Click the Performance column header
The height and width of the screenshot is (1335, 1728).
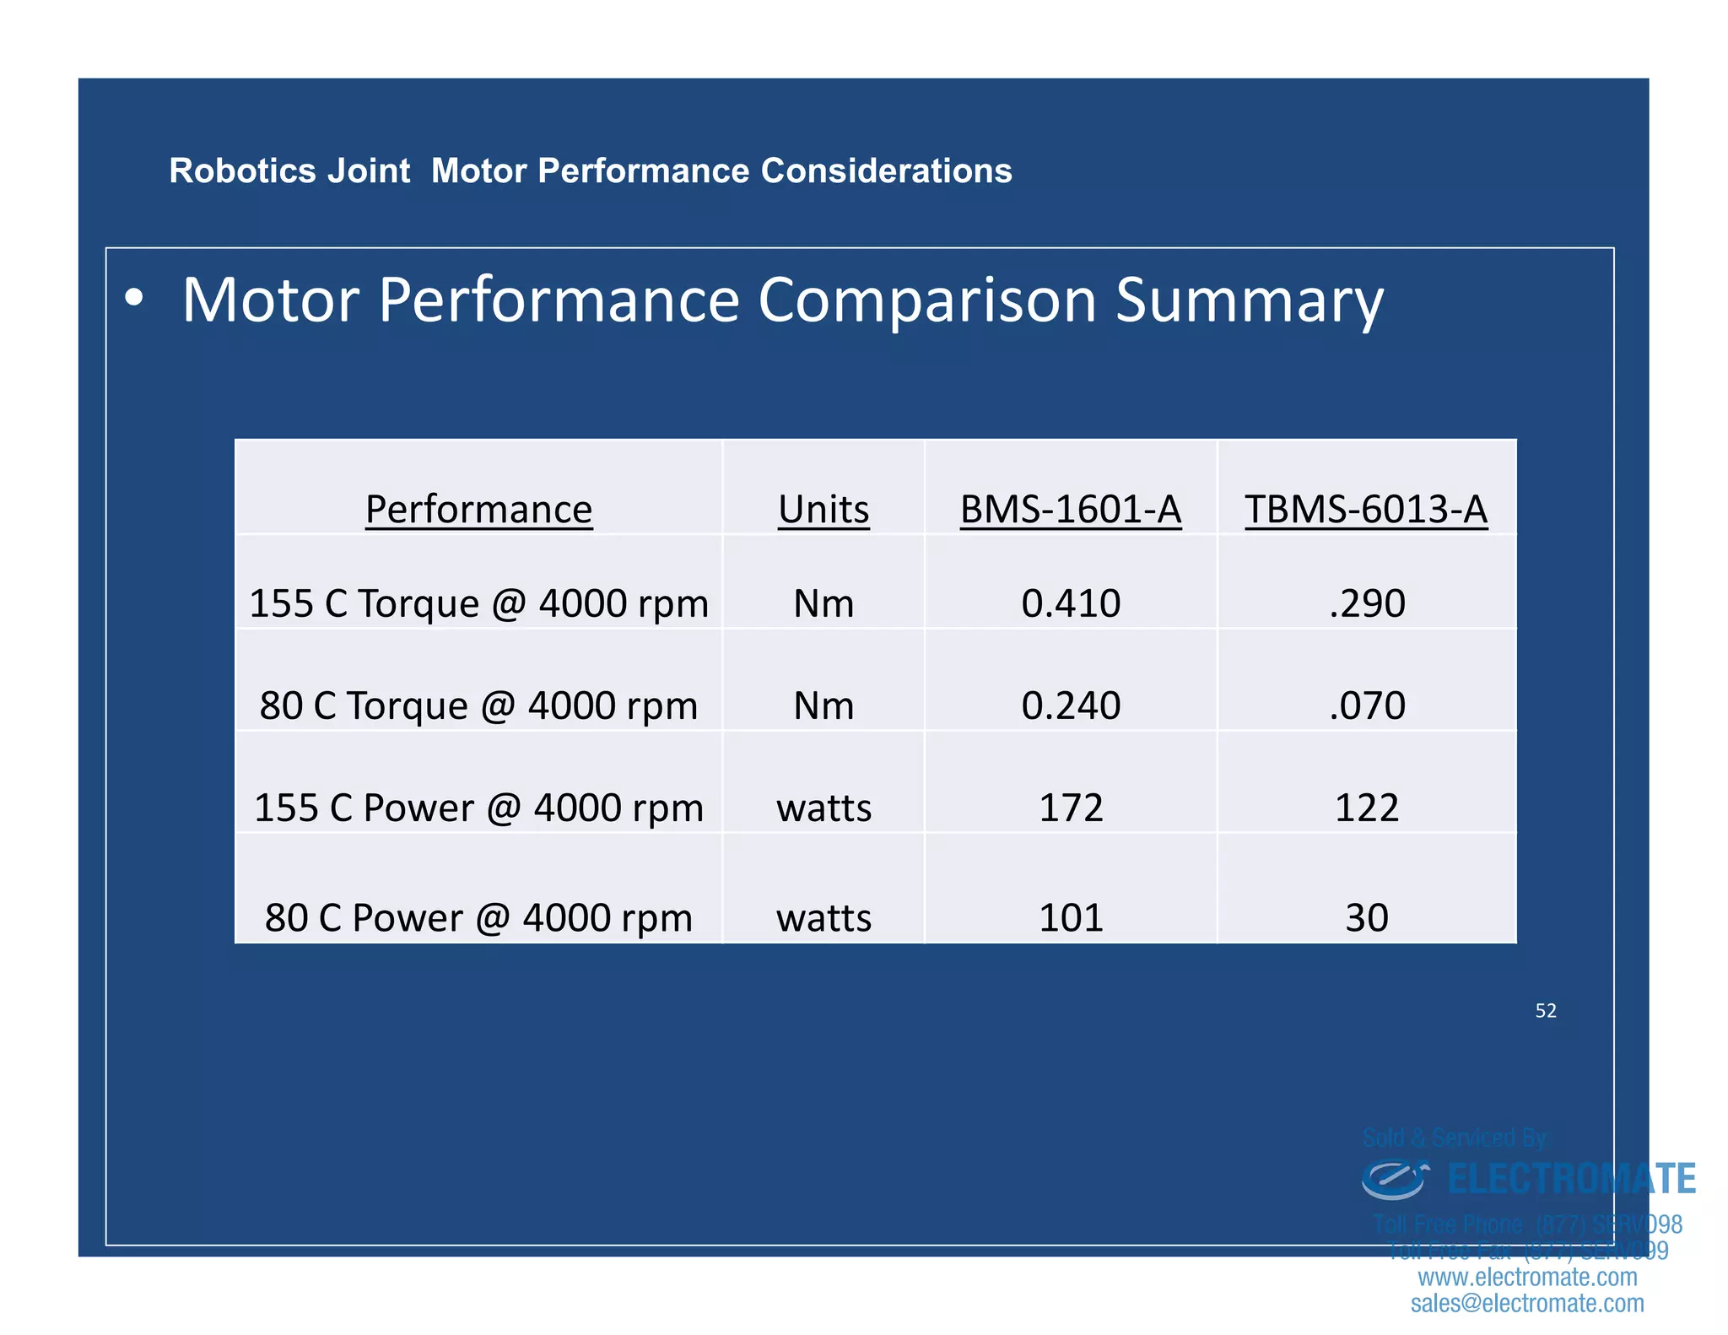[478, 510]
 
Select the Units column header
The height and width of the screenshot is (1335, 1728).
[823, 510]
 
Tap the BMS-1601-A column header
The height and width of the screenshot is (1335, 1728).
[1071, 510]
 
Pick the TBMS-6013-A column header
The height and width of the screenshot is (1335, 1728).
[1366, 510]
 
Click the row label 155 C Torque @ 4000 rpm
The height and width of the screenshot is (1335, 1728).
[478, 604]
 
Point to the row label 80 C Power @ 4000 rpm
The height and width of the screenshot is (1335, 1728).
[478, 918]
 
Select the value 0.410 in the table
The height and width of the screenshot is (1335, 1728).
[1071, 604]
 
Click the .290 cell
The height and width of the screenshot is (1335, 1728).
[1367, 604]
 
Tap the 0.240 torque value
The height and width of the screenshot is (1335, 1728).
[1071, 706]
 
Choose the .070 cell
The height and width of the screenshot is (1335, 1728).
[1367, 706]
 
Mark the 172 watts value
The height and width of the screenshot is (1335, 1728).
[1071, 808]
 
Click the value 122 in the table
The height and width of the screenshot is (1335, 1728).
[1367, 808]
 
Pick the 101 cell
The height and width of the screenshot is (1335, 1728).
[1071, 918]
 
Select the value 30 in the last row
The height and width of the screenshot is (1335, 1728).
[1367, 918]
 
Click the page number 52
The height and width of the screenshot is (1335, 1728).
[1546, 1011]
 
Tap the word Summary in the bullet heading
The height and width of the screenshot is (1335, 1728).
[1250, 301]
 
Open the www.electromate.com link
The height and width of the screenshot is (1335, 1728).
[1527, 1278]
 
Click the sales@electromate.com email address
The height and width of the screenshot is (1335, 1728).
[1527, 1304]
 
